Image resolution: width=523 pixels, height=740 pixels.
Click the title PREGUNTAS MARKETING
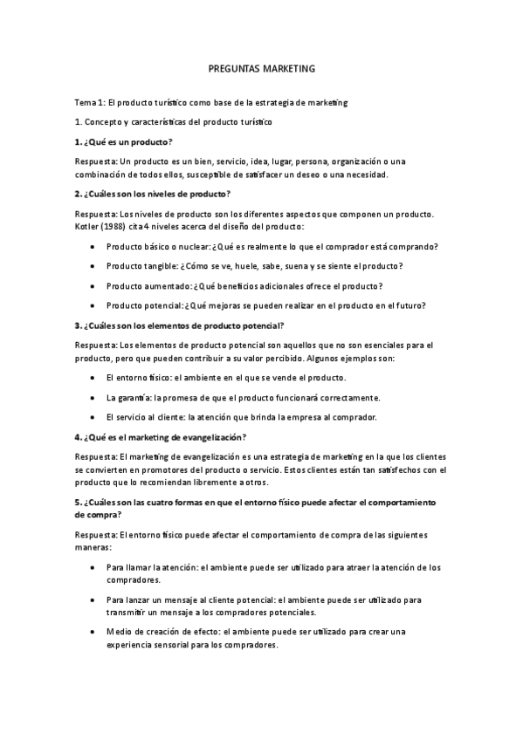(261, 66)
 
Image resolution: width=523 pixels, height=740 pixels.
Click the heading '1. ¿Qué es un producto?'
(123, 141)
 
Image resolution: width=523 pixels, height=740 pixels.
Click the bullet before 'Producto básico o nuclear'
(93, 246)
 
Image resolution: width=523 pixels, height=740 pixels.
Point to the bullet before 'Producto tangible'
(93, 266)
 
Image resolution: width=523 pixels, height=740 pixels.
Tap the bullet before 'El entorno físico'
(93, 377)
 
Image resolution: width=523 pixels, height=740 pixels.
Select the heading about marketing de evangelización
(161, 436)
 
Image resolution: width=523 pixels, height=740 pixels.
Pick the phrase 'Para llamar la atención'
(151, 566)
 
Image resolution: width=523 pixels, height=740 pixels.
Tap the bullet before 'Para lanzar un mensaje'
(93, 600)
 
